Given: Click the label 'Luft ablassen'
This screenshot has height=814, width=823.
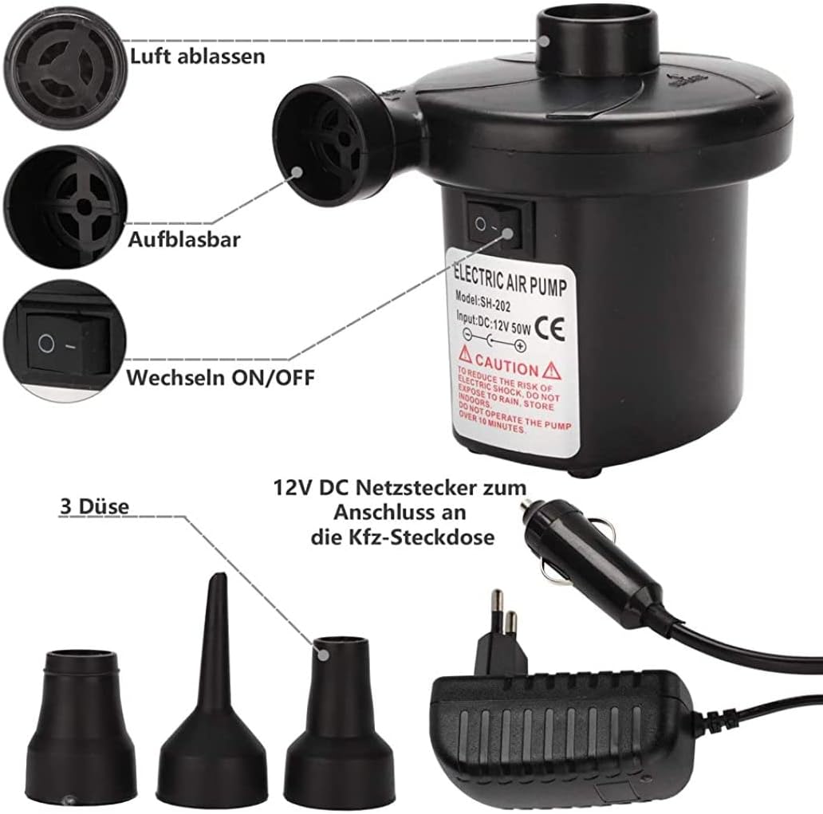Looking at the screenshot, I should point(196,57).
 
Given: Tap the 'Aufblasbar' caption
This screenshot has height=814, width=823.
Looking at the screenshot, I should point(183,240).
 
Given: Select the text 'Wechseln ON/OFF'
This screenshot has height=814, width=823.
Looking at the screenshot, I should point(221,376).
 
